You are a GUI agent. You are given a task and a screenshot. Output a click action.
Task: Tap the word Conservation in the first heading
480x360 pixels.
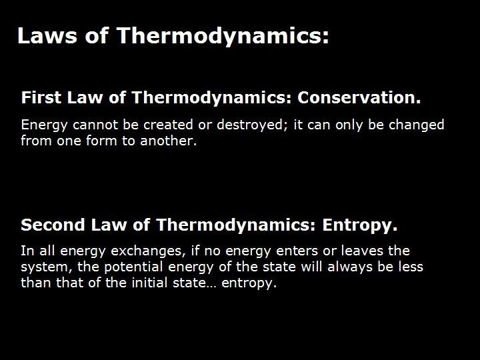(359, 98)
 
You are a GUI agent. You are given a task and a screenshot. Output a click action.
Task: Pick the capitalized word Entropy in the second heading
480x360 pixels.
(359, 226)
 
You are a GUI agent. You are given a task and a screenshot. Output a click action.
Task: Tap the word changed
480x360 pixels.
(415, 125)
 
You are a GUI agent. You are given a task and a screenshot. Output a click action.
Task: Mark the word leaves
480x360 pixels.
(363, 251)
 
